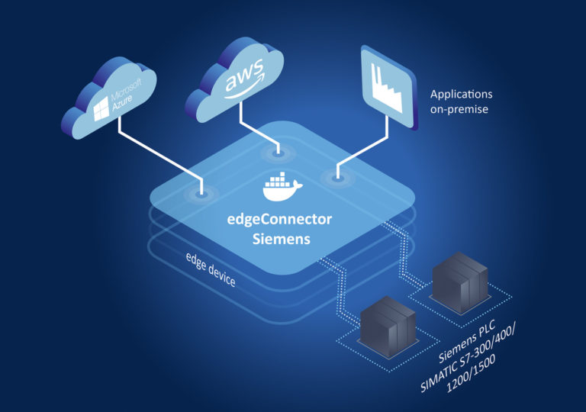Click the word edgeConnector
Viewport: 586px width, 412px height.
pyautogui.click(x=281, y=219)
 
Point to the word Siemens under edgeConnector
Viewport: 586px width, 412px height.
pyautogui.click(x=281, y=238)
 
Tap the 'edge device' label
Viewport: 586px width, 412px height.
pyautogui.click(x=211, y=272)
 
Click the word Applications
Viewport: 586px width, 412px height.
pyautogui.click(x=461, y=95)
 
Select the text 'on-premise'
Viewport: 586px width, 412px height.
pyautogui.click(x=459, y=110)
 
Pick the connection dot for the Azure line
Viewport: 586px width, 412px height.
pyautogui.click(x=201, y=195)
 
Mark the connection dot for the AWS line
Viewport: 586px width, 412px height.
pyautogui.click(x=279, y=154)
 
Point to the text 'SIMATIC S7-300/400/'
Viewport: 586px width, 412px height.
pyautogui.click(x=478, y=359)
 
